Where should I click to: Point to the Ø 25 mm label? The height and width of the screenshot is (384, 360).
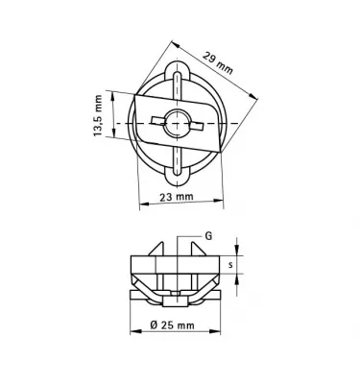(173, 325)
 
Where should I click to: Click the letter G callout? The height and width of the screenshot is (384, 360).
(208, 235)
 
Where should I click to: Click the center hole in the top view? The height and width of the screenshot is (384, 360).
(177, 122)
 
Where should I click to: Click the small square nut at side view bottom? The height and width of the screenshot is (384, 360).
(177, 294)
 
